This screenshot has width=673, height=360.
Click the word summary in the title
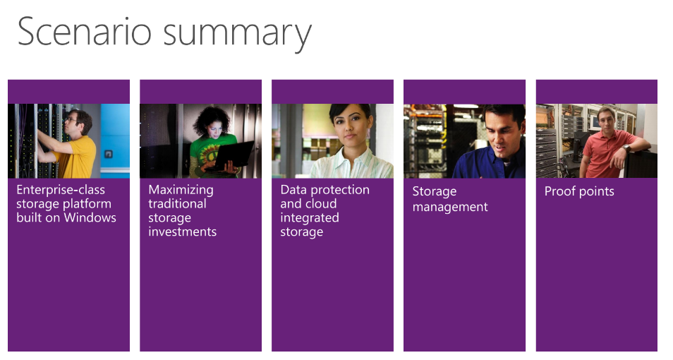coord(237,35)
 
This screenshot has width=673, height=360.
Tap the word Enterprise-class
coord(61,190)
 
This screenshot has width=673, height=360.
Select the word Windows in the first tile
coord(90,217)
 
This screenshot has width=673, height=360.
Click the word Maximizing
coord(181,191)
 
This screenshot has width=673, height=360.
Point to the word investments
coord(183,232)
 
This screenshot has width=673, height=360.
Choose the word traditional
coord(177,203)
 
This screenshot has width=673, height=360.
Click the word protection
coord(340,191)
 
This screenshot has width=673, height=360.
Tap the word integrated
coord(310,218)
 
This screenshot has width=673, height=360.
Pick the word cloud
coord(322,203)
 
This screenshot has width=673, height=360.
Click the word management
coord(450,207)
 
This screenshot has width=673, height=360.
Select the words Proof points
coord(579,191)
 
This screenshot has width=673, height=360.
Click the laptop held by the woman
coord(234,155)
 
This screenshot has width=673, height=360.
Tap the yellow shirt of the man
coord(76,157)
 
